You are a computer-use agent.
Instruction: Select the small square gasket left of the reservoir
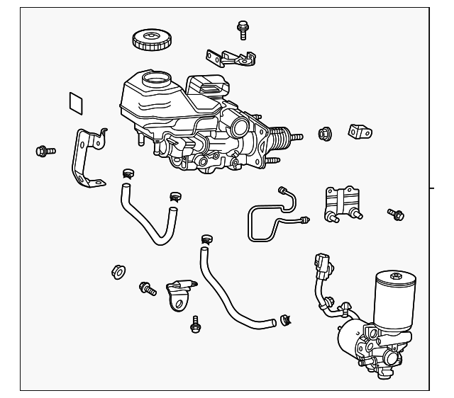click(x=76, y=103)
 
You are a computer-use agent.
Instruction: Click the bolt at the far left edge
click(x=45, y=150)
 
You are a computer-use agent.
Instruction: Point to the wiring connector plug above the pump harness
click(x=322, y=264)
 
